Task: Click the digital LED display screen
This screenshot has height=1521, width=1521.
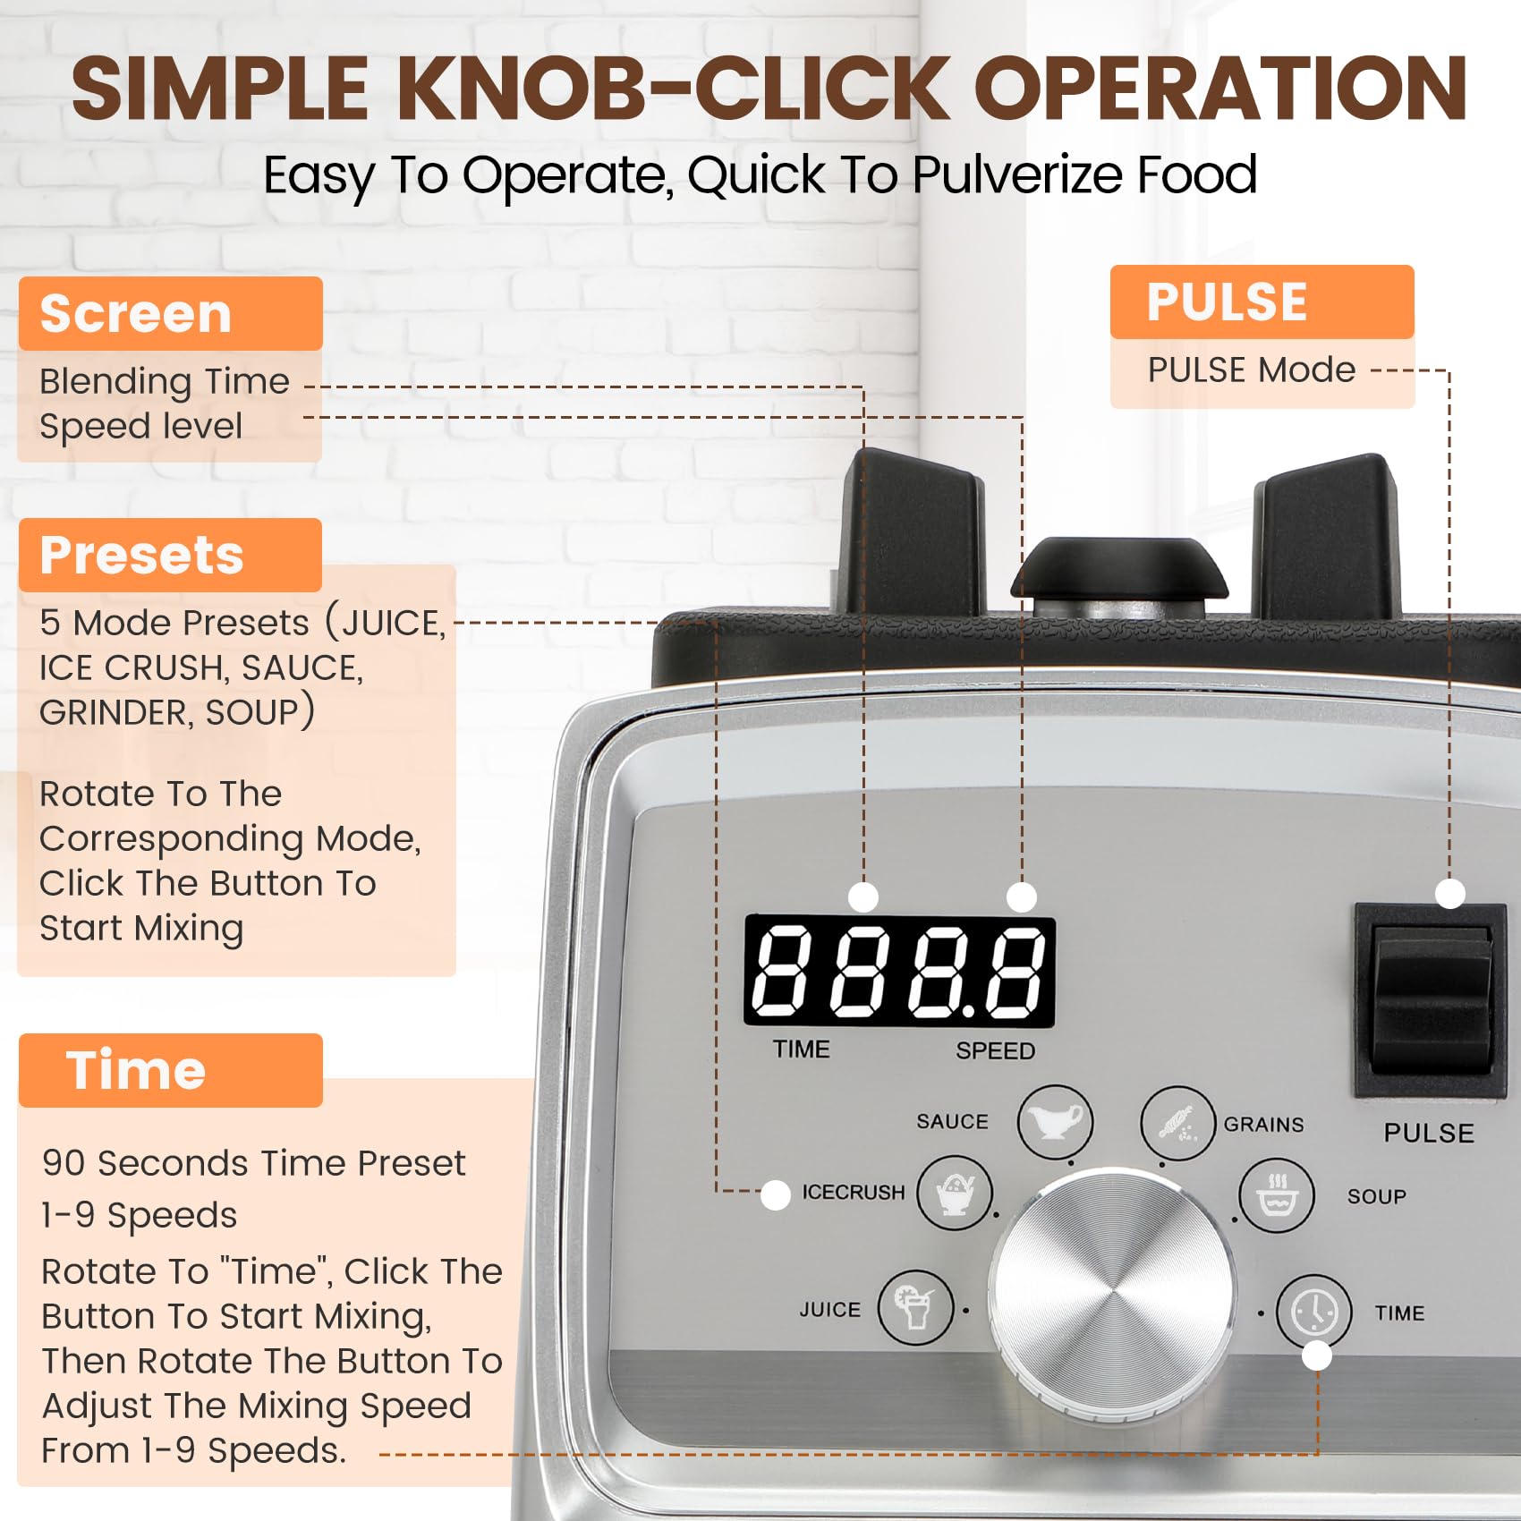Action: [899, 971]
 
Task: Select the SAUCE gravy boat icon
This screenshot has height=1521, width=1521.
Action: [1055, 1122]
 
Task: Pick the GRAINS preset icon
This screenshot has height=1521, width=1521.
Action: [1177, 1124]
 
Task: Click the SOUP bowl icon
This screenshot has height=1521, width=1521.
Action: [1277, 1195]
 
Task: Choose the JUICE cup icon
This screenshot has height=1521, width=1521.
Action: [915, 1307]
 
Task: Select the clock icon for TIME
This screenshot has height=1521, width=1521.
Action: [1313, 1313]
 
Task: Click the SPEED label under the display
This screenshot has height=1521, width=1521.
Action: [995, 1050]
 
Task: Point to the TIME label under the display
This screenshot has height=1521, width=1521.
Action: [802, 1049]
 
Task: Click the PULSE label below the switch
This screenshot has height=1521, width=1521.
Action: [1429, 1133]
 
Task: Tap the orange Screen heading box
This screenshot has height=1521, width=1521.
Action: [170, 313]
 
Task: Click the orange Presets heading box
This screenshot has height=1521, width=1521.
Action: [170, 555]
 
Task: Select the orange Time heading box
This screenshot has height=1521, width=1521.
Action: [170, 1070]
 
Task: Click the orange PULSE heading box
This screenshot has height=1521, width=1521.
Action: [1262, 302]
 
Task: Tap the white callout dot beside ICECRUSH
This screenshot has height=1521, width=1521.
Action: [775, 1194]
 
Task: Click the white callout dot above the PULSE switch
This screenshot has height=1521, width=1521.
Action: [1449, 893]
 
